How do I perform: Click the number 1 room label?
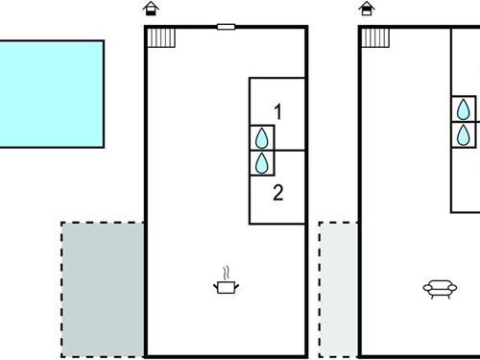coord(277,112)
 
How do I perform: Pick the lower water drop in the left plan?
coord(261,163)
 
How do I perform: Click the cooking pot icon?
coord(227,285)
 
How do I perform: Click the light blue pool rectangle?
coord(50,93)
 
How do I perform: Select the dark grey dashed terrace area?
coord(102,288)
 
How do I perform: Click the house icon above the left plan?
coord(151,11)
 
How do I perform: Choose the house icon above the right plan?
coord(366,11)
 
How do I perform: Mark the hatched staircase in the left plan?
coord(162,37)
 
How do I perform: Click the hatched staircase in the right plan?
coord(377,37)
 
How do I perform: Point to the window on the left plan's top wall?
coord(226,27)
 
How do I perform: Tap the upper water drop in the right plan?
coord(465,108)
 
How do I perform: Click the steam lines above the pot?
coord(227,273)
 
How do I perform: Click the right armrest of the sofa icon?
coord(451,286)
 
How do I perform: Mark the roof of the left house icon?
coord(151,6)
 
